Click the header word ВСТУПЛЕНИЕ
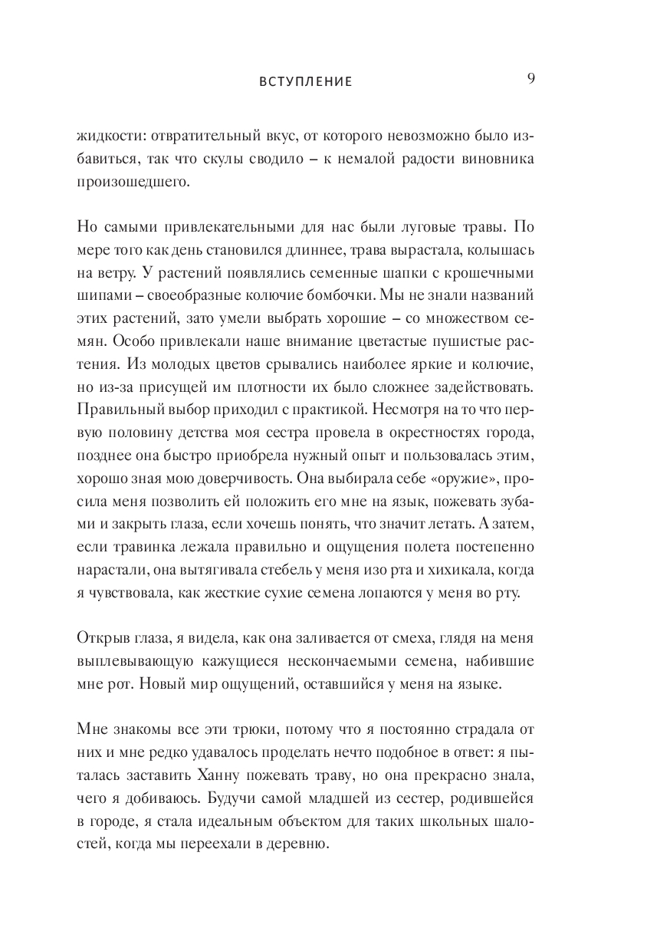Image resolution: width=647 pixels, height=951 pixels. click(x=305, y=82)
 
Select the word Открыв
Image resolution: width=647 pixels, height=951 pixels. click(x=103, y=640)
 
